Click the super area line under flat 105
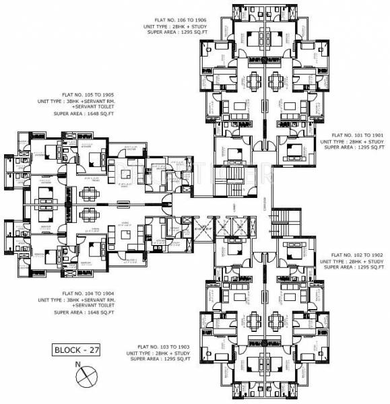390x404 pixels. pyautogui.click(x=84, y=114)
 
